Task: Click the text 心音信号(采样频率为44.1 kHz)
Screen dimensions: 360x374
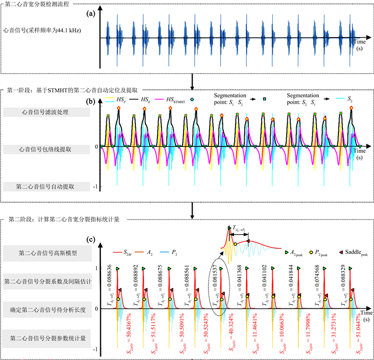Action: click(42, 31)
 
